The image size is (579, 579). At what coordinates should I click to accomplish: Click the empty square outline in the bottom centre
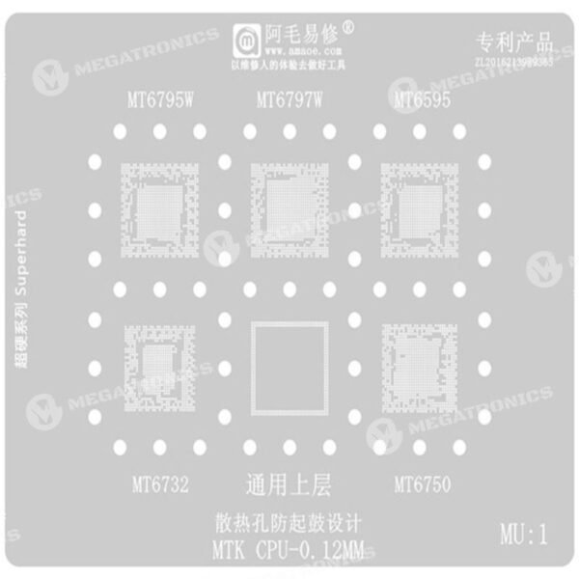click(x=289, y=369)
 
